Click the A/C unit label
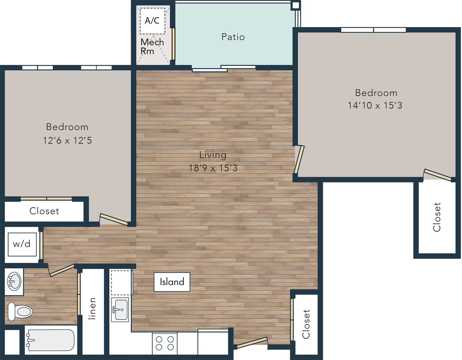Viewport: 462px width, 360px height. pyautogui.click(x=152, y=21)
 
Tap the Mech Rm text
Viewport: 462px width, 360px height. pyautogui.click(x=152, y=46)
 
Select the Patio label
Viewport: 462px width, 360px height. pyautogui.click(x=233, y=37)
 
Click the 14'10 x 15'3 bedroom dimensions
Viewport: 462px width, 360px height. pyautogui.click(x=375, y=106)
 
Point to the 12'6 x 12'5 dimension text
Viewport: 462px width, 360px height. pyautogui.click(x=67, y=140)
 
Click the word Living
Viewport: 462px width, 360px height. pyautogui.click(x=213, y=155)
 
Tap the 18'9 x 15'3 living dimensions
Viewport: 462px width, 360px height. pyautogui.click(x=213, y=168)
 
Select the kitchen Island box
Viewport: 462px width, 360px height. pyautogui.click(x=172, y=282)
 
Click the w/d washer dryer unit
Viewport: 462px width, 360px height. pyautogui.click(x=22, y=244)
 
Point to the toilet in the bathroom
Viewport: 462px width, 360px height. pyautogui.click(x=20, y=312)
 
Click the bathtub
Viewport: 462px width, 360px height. pyautogui.click(x=50, y=340)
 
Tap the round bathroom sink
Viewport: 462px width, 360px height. pyautogui.click(x=14, y=282)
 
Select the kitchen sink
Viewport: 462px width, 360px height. pyautogui.click(x=120, y=310)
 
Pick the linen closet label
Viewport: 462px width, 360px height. pyautogui.click(x=92, y=309)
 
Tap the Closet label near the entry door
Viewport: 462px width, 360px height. pyautogui.click(x=306, y=324)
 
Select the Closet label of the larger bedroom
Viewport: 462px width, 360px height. pyautogui.click(x=437, y=217)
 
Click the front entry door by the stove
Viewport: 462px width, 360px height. pyautogui.click(x=252, y=342)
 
